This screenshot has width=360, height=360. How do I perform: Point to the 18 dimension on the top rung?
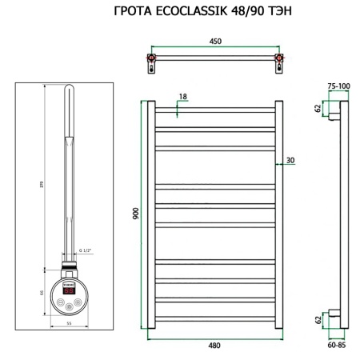click(x=183, y=97)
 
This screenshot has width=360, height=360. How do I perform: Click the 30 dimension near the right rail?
click(x=290, y=161)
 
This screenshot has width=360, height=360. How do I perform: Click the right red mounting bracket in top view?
click(x=278, y=60)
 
